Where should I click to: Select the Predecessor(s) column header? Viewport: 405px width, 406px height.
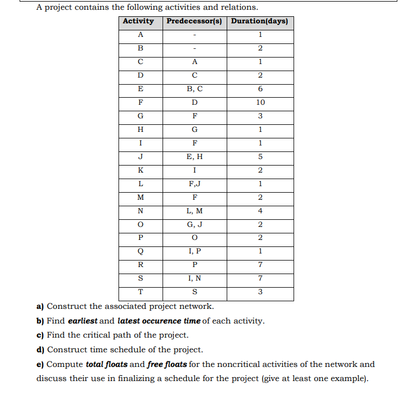195,22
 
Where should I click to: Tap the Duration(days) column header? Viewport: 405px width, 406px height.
260,22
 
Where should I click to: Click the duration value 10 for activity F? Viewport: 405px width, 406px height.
260,103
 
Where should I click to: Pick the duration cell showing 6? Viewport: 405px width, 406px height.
260,89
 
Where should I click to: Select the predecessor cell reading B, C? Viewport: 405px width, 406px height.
195,89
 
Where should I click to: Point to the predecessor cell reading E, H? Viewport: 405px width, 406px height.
195,157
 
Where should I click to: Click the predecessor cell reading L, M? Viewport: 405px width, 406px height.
195,211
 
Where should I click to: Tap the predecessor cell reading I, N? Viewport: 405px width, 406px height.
195,279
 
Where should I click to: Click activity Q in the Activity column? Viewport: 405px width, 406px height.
141,252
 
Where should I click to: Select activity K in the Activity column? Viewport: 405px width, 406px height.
141,170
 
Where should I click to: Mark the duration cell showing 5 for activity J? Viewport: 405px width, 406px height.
260,157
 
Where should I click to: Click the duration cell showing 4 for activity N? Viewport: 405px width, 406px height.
260,211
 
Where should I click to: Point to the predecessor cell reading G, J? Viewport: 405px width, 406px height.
195,225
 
